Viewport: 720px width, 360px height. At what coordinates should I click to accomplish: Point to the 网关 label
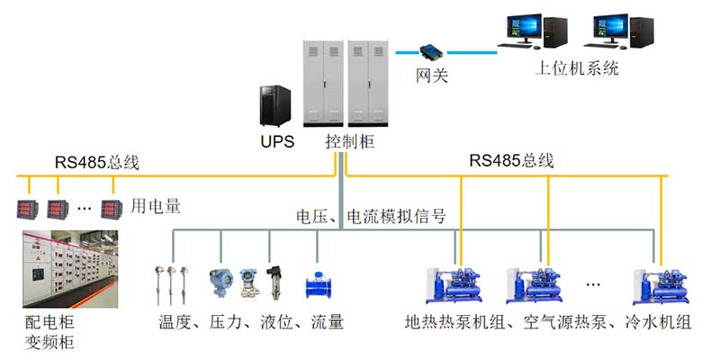[x=432, y=76]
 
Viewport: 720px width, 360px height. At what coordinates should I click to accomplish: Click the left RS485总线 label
[x=97, y=163]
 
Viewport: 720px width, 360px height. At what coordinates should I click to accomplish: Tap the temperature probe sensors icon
[x=171, y=281]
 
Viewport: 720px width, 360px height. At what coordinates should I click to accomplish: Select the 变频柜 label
[x=49, y=343]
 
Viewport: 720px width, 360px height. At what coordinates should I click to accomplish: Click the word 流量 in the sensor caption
[x=327, y=321]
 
